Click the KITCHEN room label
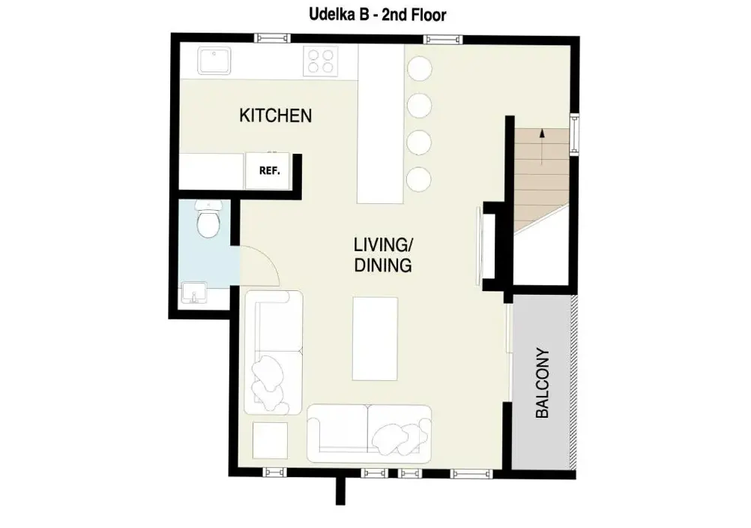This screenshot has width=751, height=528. (x=275, y=115)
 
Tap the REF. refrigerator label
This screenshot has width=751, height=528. (x=269, y=170)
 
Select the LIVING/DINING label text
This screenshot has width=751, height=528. (x=383, y=255)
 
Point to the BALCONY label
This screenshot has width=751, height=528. (x=542, y=382)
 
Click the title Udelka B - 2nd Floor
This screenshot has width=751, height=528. (x=378, y=14)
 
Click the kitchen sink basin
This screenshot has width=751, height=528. (x=214, y=61)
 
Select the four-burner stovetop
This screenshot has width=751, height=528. (x=321, y=61)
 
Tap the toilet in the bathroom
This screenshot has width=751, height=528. (x=208, y=220)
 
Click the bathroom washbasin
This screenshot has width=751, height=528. (x=194, y=292)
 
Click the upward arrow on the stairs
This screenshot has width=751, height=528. (x=542, y=146)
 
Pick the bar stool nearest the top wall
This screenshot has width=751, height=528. (x=420, y=68)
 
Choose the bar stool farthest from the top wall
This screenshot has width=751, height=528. (x=419, y=179)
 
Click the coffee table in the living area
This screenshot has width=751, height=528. (x=375, y=339)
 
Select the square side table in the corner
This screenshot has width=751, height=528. (x=270, y=440)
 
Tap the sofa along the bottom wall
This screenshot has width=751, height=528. (x=369, y=433)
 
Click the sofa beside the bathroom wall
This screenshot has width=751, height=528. (x=274, y=352)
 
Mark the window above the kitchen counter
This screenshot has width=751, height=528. (x=271, y=38)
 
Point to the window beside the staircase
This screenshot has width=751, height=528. (x=574, y=134)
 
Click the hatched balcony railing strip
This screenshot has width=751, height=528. (x=573, y=382)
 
